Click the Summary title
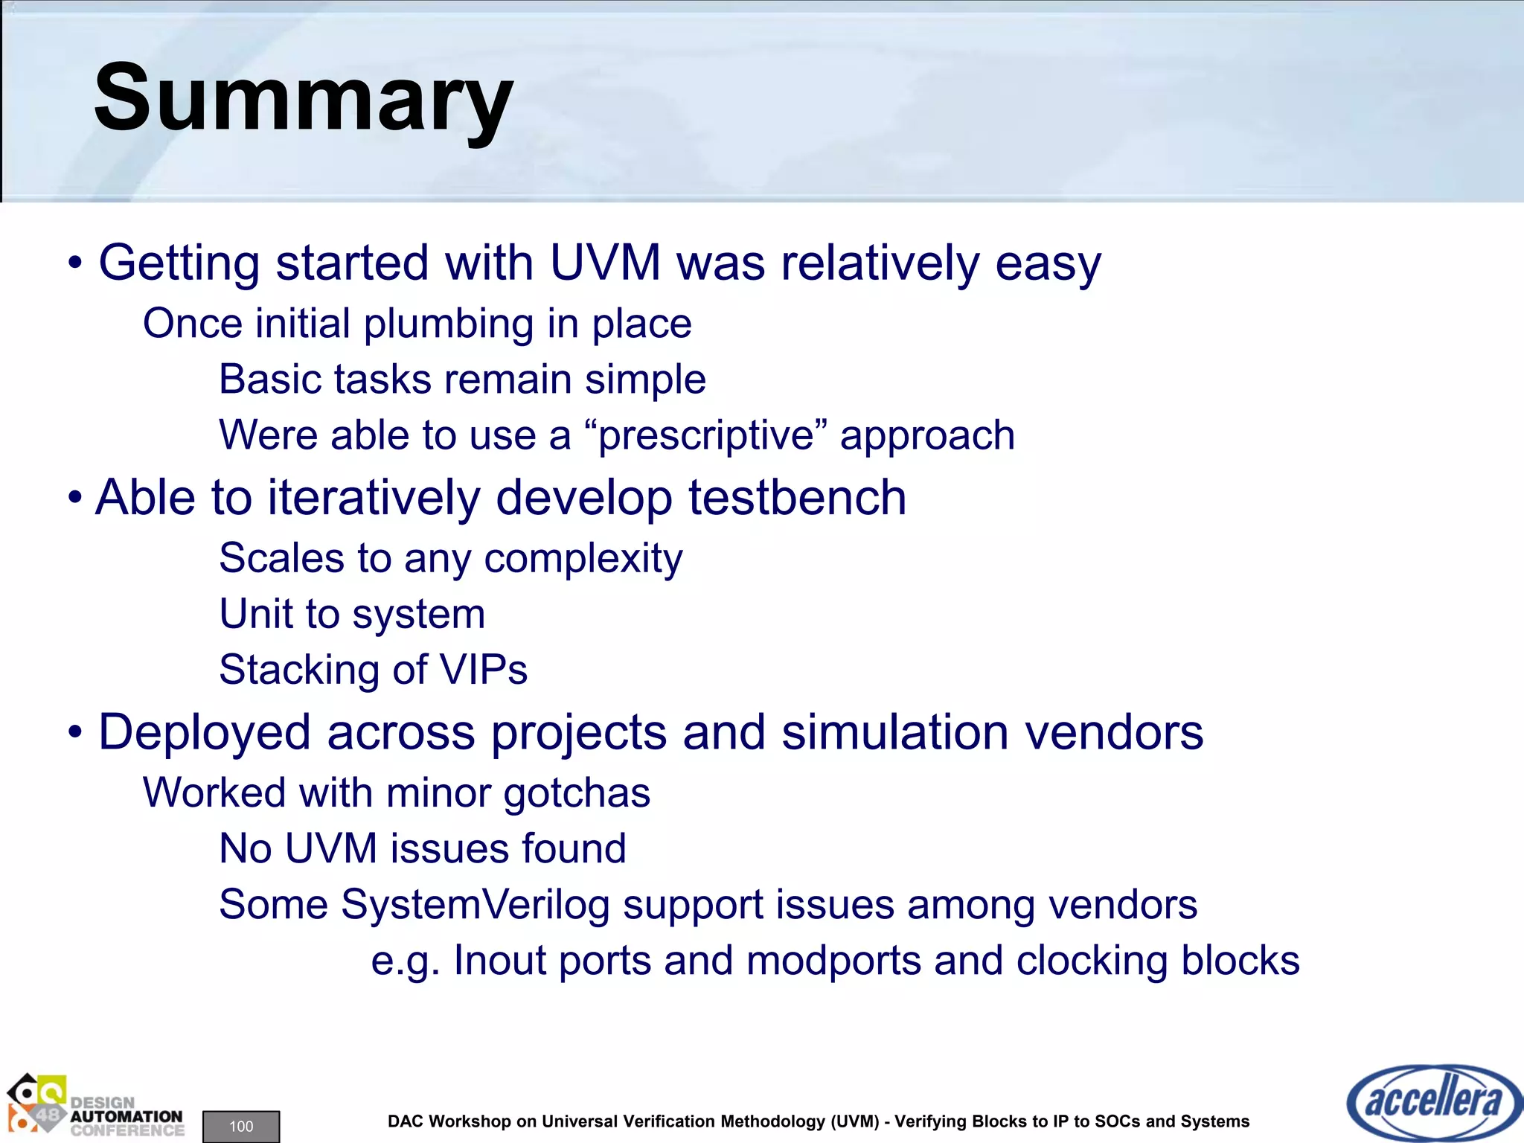click(303, 99)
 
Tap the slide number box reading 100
click(241, 1126)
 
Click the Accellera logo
click(1434, 1102)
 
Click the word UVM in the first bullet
click(604, 263)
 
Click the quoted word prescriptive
click(705, 435)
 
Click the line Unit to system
click(352, 614)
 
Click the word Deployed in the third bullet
click(205, 732)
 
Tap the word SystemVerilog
click(475, 905)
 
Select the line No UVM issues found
click(423, 848)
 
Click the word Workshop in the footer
click(471, 1121)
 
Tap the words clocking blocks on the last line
click(1158, 961)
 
